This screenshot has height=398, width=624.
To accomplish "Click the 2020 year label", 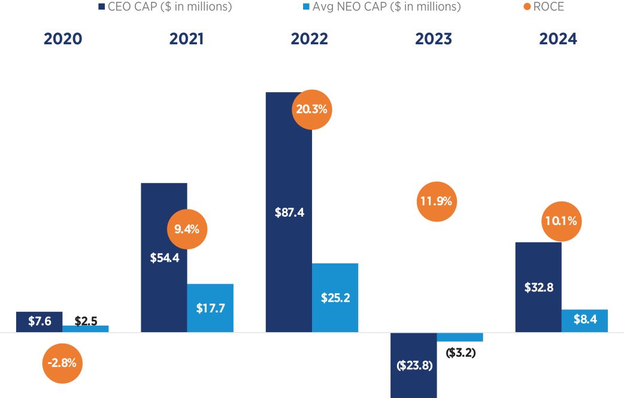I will point(63,39).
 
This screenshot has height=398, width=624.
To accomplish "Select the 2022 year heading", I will point(310,39).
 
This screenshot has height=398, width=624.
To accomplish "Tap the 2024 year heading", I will point(558,39).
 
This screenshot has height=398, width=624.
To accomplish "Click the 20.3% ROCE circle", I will point(311,110).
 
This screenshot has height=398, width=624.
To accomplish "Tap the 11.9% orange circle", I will point(435,201).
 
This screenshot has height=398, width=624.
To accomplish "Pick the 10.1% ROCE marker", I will point(561,221).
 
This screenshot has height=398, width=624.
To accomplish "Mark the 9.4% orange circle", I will point(187,229).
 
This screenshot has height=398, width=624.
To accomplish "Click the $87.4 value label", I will point(290,212).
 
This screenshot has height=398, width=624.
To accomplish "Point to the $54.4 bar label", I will point(165,259).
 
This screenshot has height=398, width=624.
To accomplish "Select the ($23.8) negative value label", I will point(414,366).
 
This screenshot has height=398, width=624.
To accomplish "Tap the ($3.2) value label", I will point(461,353).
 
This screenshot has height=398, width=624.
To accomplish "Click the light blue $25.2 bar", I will point(335,297).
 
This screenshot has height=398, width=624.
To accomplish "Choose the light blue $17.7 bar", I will point(210,308).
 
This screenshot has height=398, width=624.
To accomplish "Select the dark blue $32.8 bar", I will point(538,287).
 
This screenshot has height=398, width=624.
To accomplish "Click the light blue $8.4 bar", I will point(584,320).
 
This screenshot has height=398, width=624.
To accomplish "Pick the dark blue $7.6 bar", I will point(40,321).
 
